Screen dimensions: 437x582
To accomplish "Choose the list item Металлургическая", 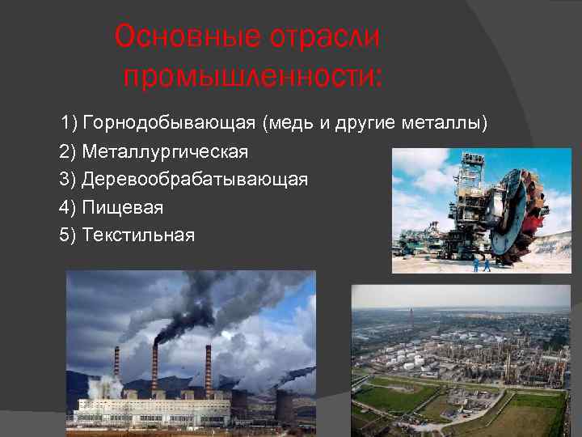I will (165, 151).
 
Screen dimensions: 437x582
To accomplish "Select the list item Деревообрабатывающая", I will (195, 179).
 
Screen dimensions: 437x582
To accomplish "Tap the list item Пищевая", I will (122, 207).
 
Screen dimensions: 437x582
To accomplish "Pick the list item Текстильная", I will (138, 235).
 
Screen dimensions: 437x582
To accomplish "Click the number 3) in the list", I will (68, 179).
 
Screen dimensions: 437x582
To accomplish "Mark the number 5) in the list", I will (68, 235).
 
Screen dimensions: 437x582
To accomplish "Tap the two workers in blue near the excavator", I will (481, 264).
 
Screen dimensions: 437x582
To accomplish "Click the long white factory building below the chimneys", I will (162, 412).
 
